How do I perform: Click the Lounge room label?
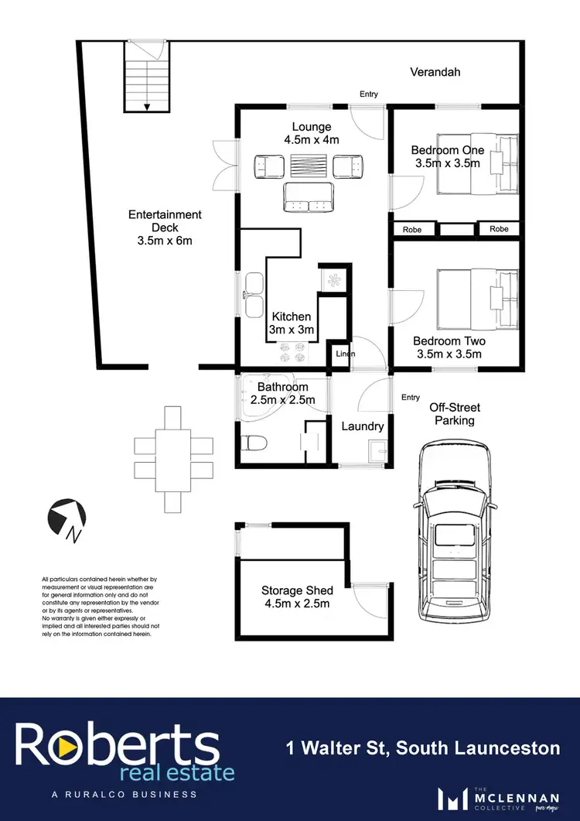[312, 127]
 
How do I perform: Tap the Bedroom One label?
[447, 150]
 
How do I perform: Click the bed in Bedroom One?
[476, 166]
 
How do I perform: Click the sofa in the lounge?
[309, 198]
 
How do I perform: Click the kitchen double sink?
[253, 295]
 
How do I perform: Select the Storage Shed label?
[295, 590]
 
